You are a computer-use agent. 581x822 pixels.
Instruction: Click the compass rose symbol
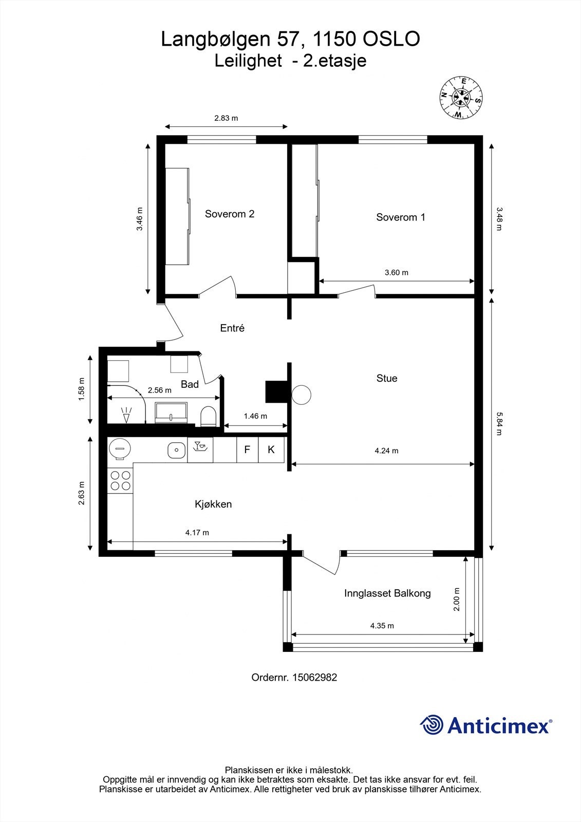[x=461, y=98]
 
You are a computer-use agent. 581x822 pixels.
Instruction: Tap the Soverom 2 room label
[x=230, y=214]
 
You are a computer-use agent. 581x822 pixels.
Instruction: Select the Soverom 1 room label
[x=400, y=217]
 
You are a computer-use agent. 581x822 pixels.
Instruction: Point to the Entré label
[x=232, y=328]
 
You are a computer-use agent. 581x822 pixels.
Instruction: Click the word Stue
[x=387, y=378]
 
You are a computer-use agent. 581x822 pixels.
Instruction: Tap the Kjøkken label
[x=213, y=504]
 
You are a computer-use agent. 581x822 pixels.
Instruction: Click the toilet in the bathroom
[x=208, y=416]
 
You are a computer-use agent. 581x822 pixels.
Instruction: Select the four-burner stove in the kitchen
[x=120, y=481]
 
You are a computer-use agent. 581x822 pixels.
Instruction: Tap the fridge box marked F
[x=248, y=450]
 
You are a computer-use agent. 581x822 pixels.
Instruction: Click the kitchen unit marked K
[x=271, y=450]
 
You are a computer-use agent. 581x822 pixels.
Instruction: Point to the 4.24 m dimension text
[x=386, y=451]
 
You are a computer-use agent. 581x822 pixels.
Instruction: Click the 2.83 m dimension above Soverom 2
[x=226, y=118]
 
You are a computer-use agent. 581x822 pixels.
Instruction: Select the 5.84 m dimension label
[x=499, y=424]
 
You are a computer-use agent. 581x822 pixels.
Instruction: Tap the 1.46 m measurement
[x=255, y=416]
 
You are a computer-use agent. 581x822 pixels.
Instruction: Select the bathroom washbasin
[x=171, y=413]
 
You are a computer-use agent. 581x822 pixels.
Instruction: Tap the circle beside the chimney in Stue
[x=302, y=395]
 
